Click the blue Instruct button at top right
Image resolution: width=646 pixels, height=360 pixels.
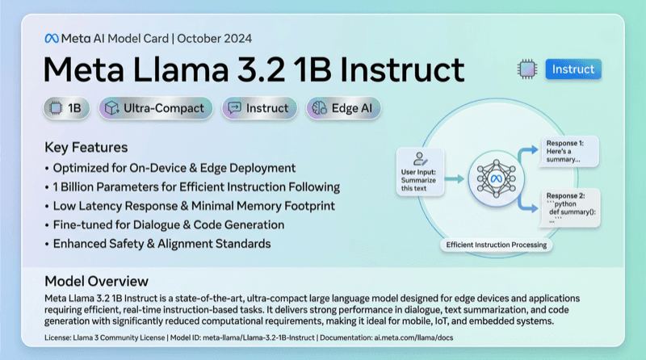[573, 69]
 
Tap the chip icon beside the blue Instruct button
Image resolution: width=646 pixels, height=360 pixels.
[526, 69]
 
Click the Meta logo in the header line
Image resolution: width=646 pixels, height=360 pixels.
[52, 38]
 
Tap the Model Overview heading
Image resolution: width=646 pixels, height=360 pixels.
[96, 281]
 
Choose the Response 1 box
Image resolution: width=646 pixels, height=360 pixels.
[568, 150]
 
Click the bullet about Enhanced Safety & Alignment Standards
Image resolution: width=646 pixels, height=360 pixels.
[161, 243]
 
